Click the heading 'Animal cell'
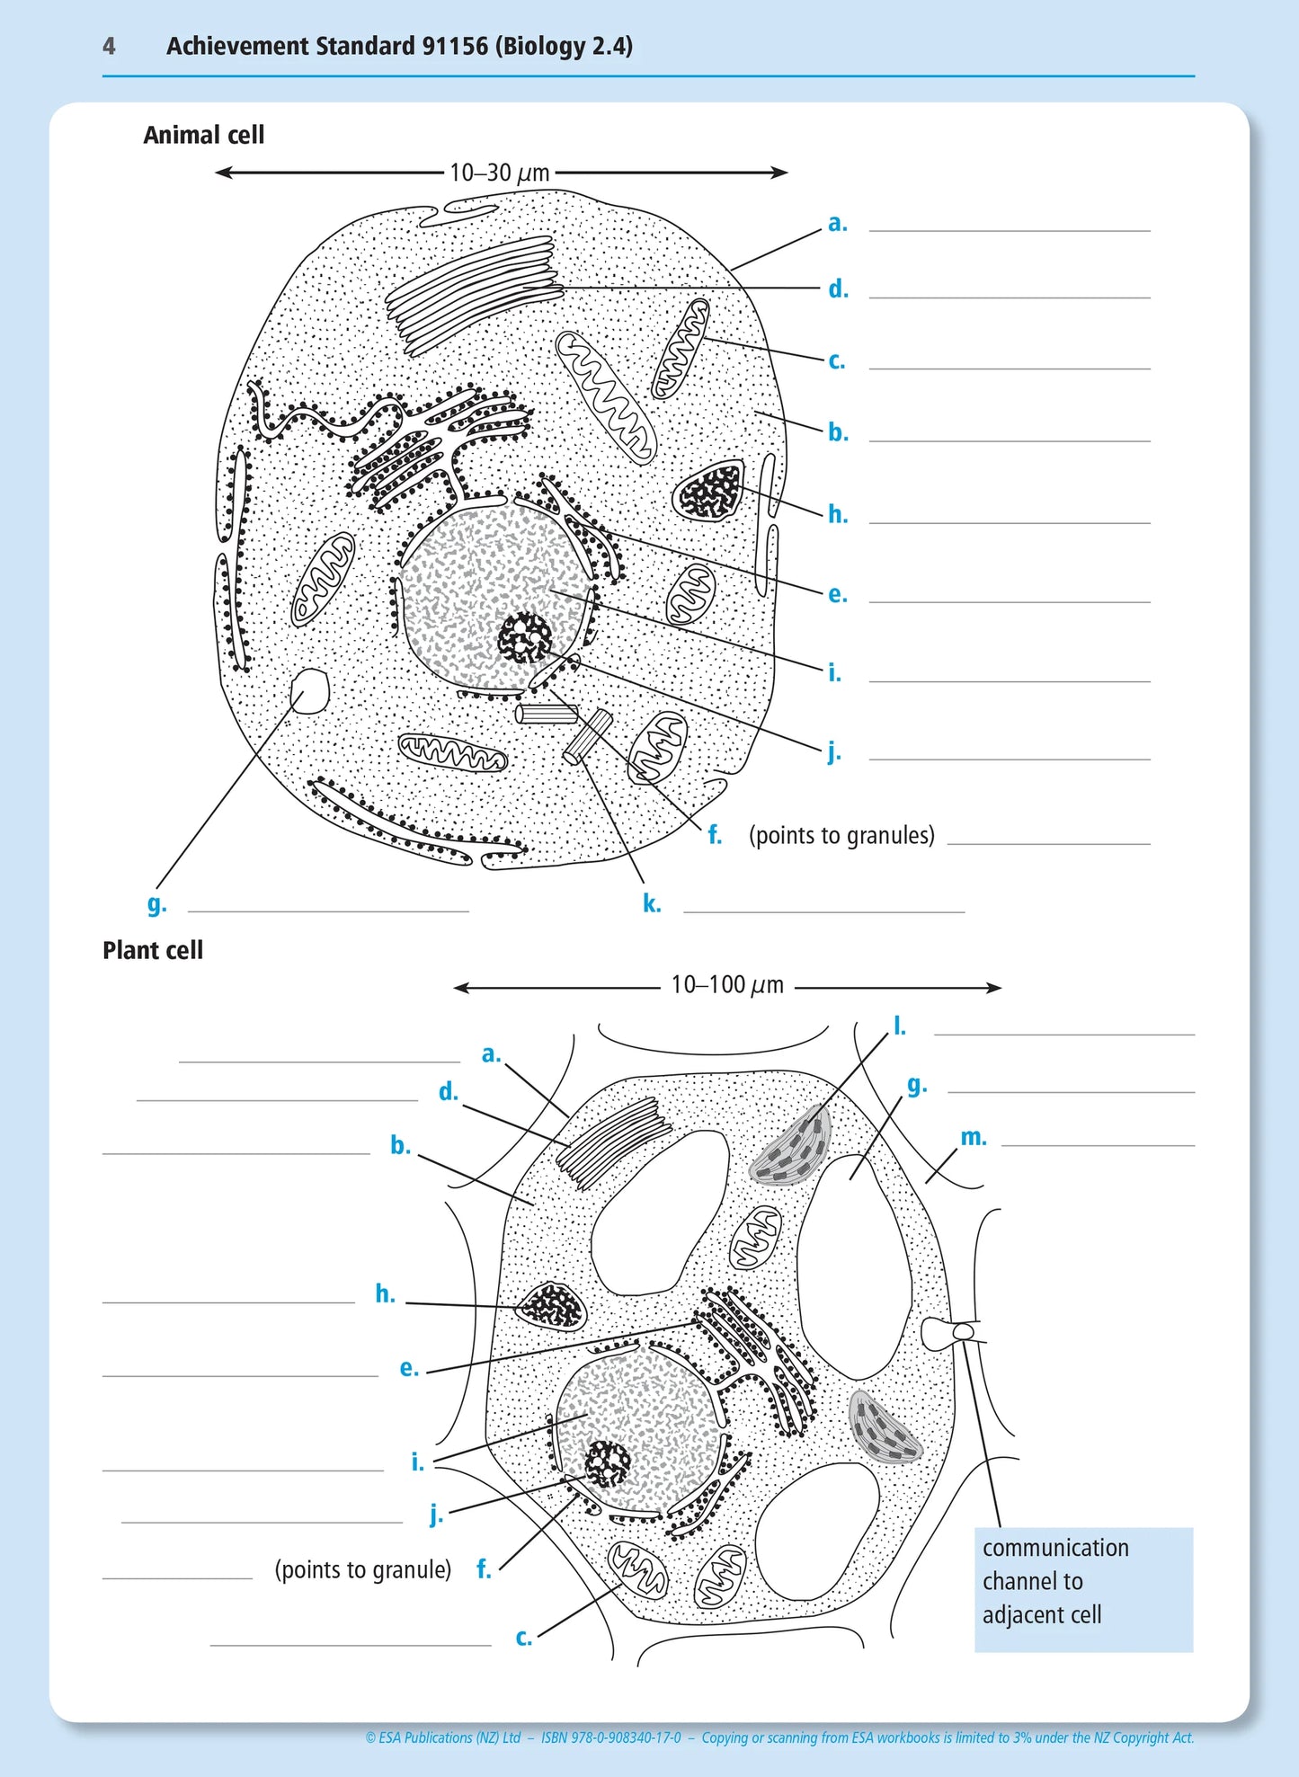coord(203,135)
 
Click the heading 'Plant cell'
coord(153,950)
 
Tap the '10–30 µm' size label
coord(499,173)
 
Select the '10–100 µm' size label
coord(727,985)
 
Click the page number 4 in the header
coord(109,46)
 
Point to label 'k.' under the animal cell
coord(652,904)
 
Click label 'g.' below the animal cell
coord(156,903)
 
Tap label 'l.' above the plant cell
coord(899,1026)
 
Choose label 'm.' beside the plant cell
coord(973,1137)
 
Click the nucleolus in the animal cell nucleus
coord(525,637)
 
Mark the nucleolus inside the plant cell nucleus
coord(608,1463)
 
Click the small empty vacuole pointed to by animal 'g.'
coord(310,691)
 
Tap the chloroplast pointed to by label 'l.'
coord(791,1147)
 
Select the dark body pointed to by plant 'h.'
coord(551,1306)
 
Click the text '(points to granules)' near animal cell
coord(841,836)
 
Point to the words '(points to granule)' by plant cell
coord(362,1569)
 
